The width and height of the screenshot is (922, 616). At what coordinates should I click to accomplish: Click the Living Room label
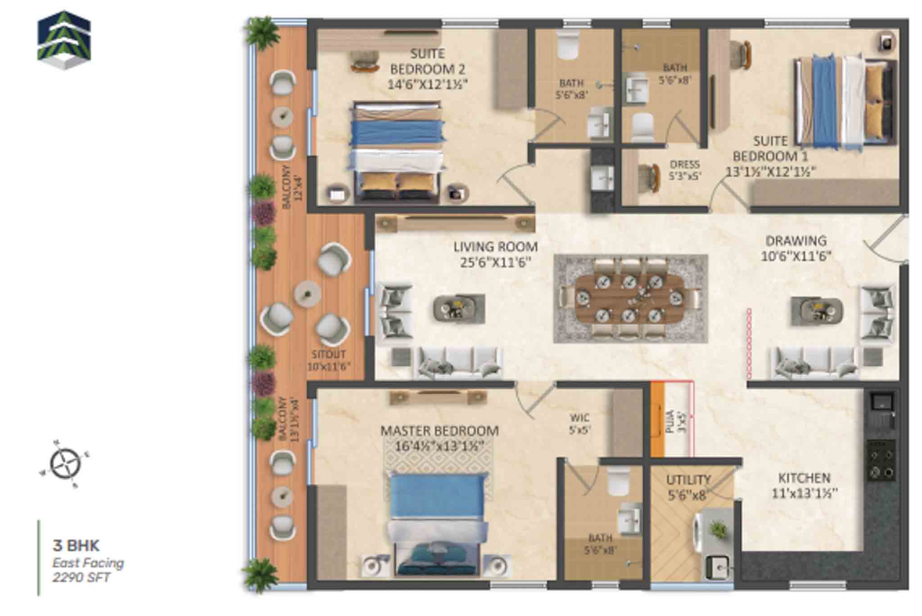tap(495, 247)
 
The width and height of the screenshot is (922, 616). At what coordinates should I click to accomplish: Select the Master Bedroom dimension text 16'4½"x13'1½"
tap(439, 446)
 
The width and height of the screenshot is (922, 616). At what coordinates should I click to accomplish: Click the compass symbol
tap(65, 464)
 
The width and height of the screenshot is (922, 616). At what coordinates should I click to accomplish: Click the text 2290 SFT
tap(81, 577)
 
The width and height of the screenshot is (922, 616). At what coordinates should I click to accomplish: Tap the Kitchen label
tap(804, 478)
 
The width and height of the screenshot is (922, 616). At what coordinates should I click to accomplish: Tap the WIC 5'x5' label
tap(579, 424)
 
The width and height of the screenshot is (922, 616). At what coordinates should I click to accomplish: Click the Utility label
tap(688, 480)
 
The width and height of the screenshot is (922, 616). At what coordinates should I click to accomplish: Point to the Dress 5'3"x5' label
tap(685, 170)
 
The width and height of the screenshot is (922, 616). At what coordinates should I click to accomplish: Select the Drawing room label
tap(796, 241)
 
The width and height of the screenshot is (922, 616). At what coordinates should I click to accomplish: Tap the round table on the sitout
tap(307, 294)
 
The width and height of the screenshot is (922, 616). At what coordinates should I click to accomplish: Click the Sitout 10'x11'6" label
tap(329, 360)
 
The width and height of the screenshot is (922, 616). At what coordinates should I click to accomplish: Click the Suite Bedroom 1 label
tap(770, 149)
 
